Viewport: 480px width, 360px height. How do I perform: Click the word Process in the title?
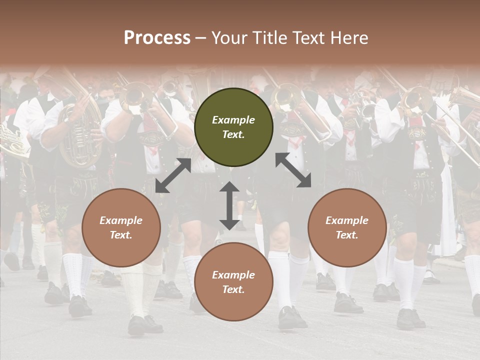coord(157,38)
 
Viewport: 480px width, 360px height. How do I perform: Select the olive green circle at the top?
coord(233,127)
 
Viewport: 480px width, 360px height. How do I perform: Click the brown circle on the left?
coord(121,227)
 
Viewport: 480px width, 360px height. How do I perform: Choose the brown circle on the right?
coord(347,227)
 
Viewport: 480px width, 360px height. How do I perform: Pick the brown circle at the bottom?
coord(233,282)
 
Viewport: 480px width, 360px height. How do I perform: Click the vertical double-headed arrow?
coord(229,205)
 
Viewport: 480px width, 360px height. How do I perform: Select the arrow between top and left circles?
coord(173,175)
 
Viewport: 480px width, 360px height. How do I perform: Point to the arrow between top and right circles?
coord(293,170)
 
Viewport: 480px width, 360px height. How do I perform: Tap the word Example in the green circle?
coord(233,120)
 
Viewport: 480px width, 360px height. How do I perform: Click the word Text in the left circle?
coord(121,235)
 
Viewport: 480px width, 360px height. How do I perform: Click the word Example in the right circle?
coord(347,220)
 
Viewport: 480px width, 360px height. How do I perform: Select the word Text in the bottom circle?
coord(233,289)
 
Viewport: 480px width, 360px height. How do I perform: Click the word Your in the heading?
coord(228,38)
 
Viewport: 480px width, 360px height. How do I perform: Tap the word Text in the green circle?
coord(233,135)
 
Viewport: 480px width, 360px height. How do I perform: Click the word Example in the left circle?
coord(121,220)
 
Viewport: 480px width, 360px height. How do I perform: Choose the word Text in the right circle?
coord(347,235)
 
